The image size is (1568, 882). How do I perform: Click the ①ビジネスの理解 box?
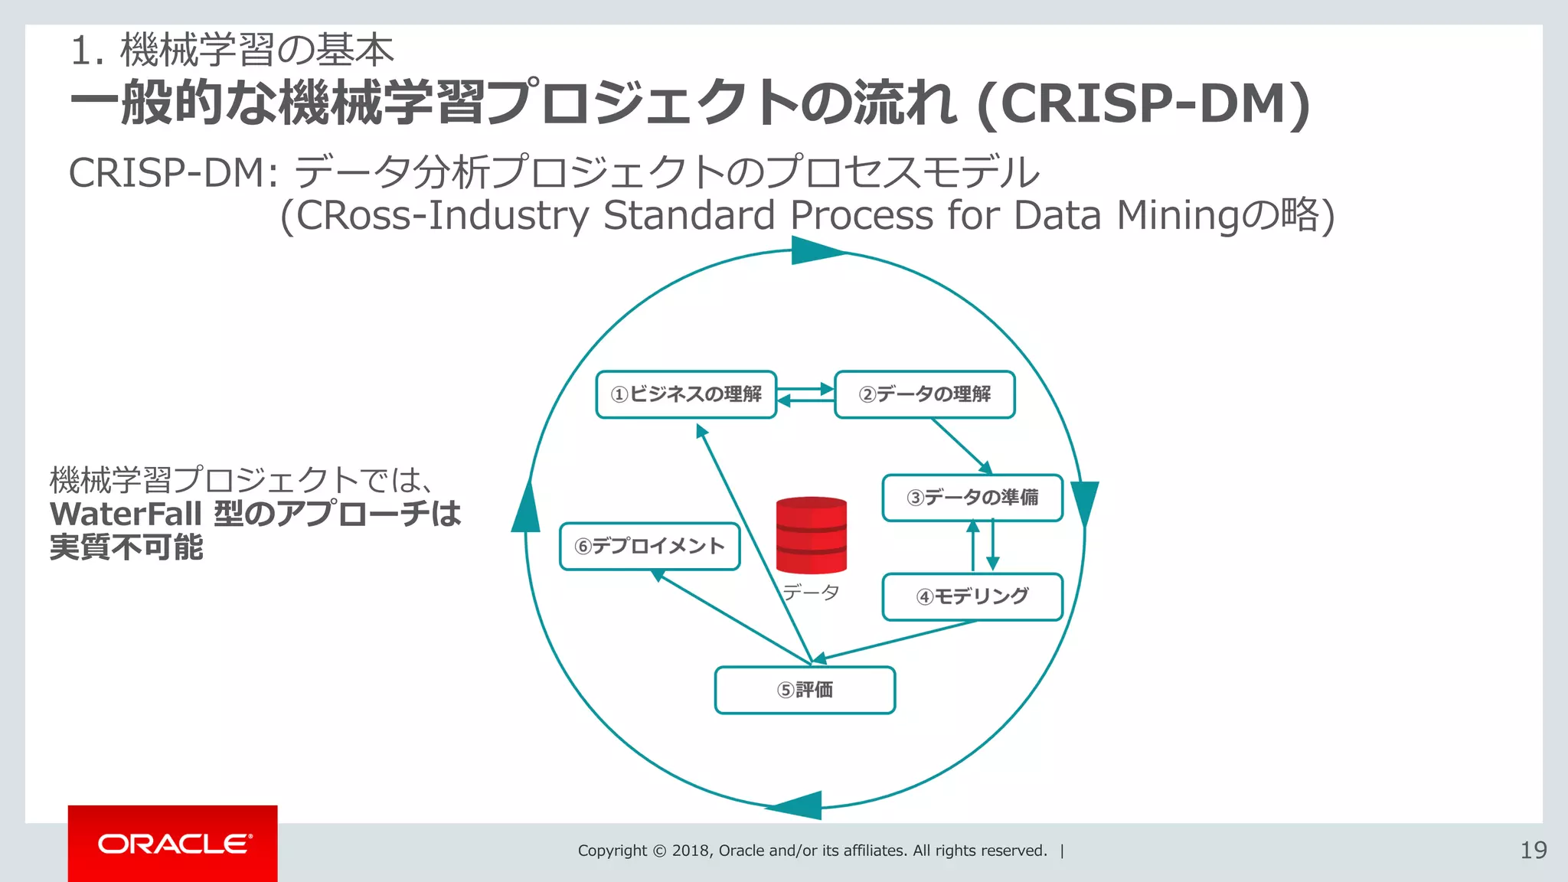click(x=686, y=394)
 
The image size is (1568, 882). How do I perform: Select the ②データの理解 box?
click(x=924, y=394)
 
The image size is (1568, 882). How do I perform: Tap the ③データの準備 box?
click(x=972, y=498)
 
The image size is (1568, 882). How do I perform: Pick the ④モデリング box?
click(x=972, y=596)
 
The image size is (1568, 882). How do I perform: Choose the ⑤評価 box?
click(x=805, y=690)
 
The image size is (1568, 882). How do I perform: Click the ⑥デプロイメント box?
click(x=649, y=546)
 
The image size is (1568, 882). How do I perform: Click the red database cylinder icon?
click(x=811, y=535)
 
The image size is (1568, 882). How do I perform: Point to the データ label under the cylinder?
click(x=811, y=592)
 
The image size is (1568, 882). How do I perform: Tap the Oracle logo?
click(x=173, y=844)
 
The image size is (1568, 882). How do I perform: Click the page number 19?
click(x=1533, y=851)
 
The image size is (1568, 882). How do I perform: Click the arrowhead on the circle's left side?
click(x=526, y=508)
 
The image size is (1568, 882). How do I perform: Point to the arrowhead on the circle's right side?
click(x=1084, y=502)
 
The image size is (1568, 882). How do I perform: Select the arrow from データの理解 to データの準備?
click(x=962, y=446)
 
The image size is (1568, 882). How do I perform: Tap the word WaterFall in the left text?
click(x=126, y=514)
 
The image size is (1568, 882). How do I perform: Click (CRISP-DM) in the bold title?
click(x=1143, y=104)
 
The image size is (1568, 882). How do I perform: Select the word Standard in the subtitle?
click(x=688, y=215)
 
